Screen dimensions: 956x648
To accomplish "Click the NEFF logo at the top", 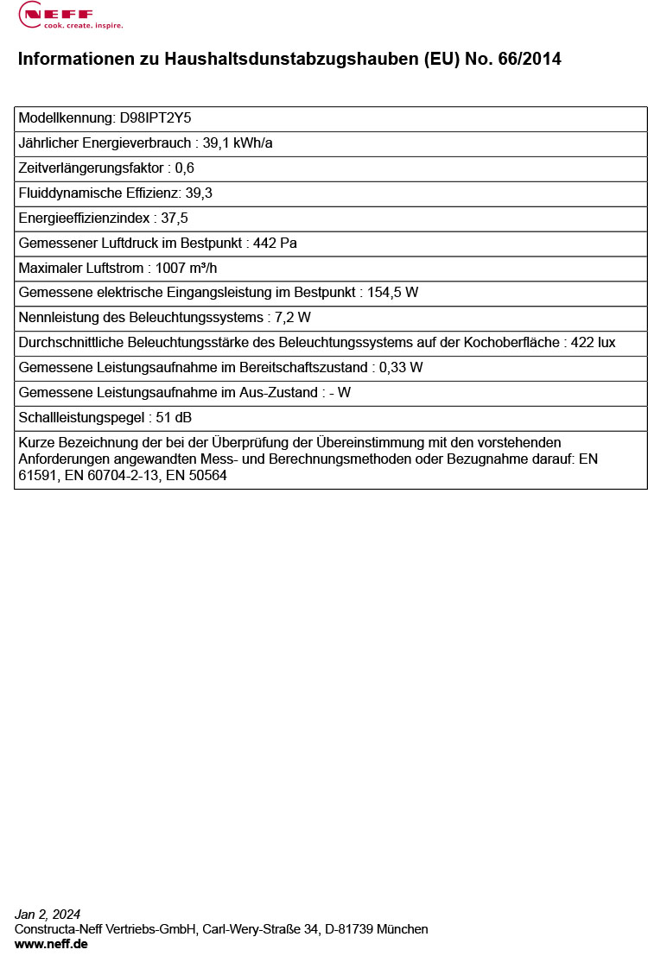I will point(71,15).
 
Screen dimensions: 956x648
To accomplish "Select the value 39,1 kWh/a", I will point(238,143).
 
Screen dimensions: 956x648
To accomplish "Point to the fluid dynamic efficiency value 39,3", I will point(199,193).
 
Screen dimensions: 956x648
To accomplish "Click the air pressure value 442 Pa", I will point(275,244).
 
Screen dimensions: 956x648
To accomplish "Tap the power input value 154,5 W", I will point(393,293).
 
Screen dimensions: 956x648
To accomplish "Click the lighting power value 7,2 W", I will point(292,318).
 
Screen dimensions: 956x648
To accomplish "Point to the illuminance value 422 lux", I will point(594,343).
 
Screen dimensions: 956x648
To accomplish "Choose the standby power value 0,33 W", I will point(402,368).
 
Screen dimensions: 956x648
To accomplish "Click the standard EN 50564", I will point(196,475).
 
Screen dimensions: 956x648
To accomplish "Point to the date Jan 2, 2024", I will point(48,915).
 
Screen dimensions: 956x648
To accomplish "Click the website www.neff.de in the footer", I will point(51,944).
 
